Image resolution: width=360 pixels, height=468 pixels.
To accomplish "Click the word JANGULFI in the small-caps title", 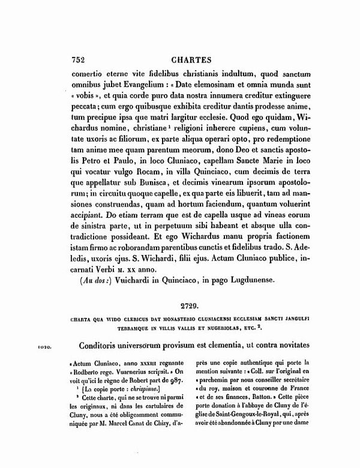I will (294, 318).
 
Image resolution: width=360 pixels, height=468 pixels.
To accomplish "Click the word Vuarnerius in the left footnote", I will (136, 372).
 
